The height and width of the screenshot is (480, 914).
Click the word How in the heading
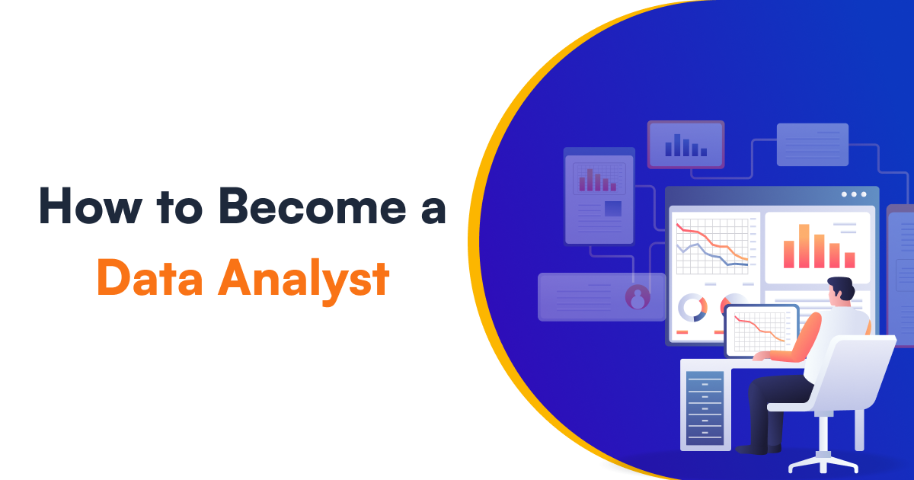pyautogui.click(x=91, y=206)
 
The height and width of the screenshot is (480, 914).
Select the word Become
pyautogui.click(x=312, y=206)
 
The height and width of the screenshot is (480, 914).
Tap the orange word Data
pyautogui.click(x=150, y=277)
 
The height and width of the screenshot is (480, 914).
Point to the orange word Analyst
pyautogui.click(x=304, y=281)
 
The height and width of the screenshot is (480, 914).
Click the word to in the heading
pyautogui.click(x=180, y=208)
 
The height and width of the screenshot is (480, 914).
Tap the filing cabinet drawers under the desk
pyautogui.click(x=705, y=408)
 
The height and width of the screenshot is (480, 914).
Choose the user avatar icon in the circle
pyautogui.click(x=638, y=297)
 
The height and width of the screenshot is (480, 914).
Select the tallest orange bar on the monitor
pyautogui.click(x=804, y=246)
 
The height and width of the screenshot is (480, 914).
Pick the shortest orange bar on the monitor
pyautogui.click(x=849, y=261)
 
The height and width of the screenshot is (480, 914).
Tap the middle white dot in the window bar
pyautogui.click(x=854, y=194)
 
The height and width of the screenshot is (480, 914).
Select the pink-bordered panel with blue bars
pyautogui.click(x=686, y=145)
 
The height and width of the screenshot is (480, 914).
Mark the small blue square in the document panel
pyautogui.click(x=613, y=209)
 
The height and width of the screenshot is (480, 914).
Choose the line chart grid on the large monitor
pyautogui.click(x=712, y=247)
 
